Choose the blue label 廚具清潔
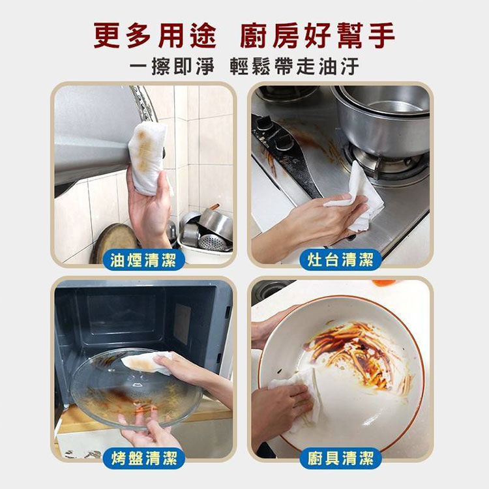[340, 458]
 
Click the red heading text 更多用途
[155, 35]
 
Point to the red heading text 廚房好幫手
[318, 35]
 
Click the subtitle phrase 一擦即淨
[171, 67]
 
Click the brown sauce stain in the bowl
[352, 349]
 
